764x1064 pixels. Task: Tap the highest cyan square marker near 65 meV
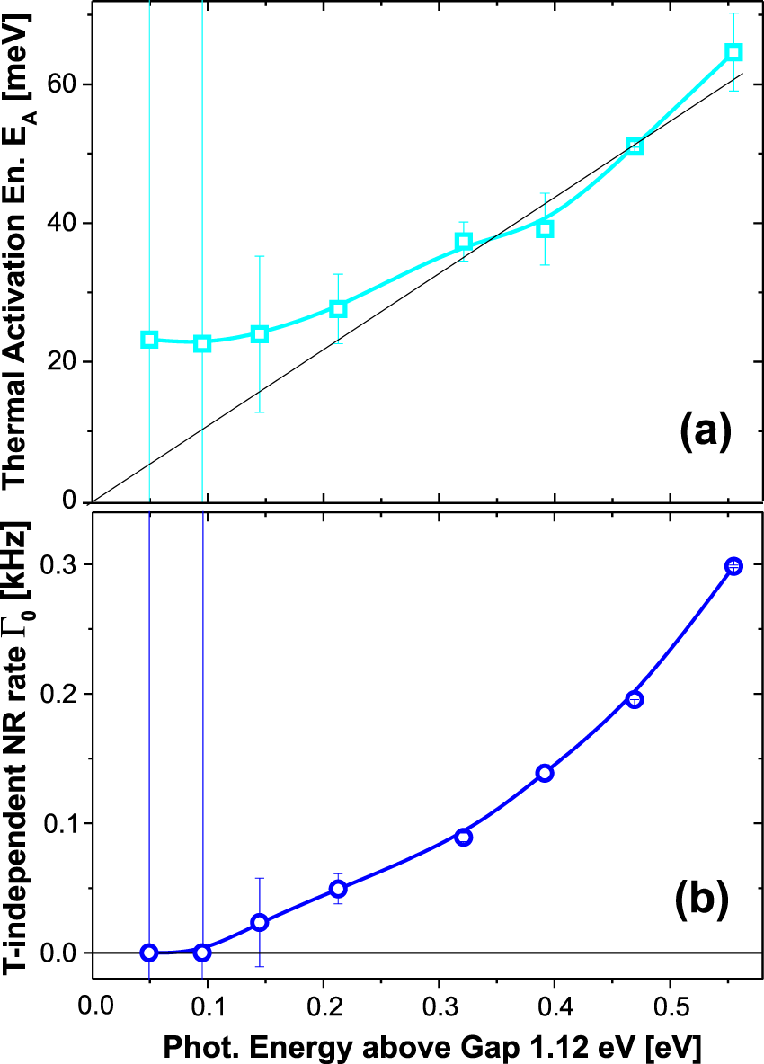tap(733, 52)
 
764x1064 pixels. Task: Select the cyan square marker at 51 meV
tap(635, 146)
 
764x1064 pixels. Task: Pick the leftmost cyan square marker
tap(149, 340)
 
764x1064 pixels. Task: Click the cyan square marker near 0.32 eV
tap(464, 241)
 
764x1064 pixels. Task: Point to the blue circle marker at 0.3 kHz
tap(733, 565)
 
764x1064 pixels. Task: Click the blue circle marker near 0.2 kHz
tap(635, 699)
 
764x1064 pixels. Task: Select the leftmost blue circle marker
tap(149, 952)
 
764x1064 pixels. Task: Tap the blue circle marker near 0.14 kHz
tap(544, 773)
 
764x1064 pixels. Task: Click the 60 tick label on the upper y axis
tap(61, 84)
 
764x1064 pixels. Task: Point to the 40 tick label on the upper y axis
tap(61, 223)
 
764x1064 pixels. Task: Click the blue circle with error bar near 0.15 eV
tap(260, 922)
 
